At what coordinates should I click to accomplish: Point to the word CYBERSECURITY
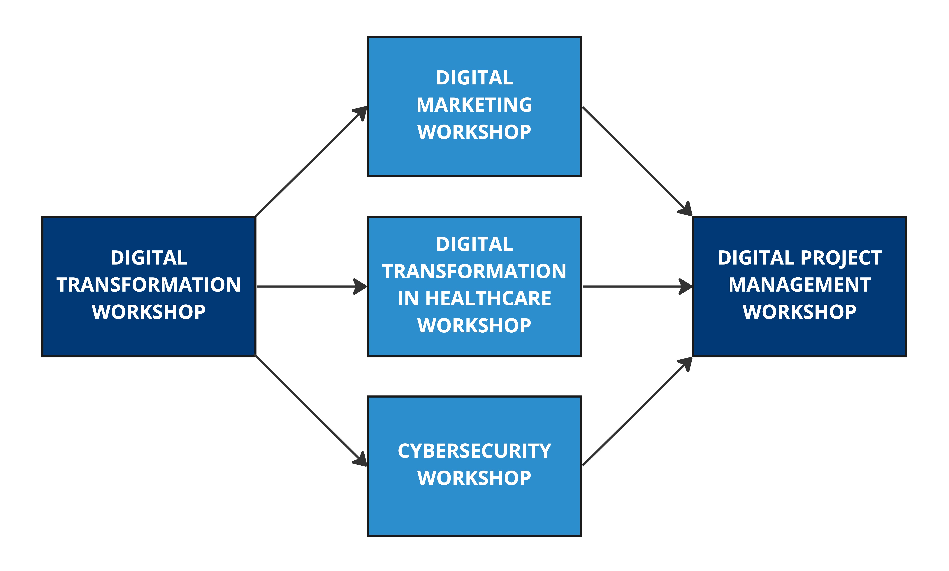tap(474, 451)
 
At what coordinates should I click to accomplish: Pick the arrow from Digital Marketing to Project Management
tap(635, 160)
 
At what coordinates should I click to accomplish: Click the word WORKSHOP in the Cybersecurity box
tap(474, 478)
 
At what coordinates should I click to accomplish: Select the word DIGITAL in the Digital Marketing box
tap(474, 78)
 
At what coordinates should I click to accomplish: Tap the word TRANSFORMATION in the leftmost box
tap(149, 285)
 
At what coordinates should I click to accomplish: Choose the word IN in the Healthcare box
tap(408, 298)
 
